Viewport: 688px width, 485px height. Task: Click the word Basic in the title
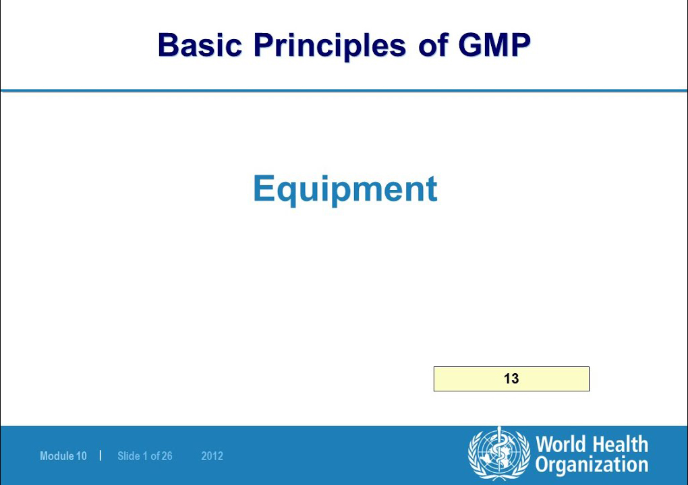click(x=201, y=45)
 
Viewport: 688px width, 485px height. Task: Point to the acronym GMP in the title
click(x=494, y=45)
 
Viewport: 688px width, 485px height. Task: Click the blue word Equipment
click(x=345, y=189)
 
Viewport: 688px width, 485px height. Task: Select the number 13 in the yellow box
click(x=511, y=379)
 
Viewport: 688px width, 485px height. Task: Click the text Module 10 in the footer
click(x=63, y=456)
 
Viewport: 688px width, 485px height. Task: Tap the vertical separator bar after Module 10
click(x=101, y=455)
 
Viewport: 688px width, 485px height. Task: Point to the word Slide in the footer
click(x=128, y=456)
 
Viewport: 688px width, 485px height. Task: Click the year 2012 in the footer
click(x=212, y=456)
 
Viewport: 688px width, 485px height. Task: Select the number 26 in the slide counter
click(x=167, y=456)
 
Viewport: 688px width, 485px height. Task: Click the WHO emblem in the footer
click(x=498, y=453)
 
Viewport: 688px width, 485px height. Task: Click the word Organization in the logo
click(x=592, y=464)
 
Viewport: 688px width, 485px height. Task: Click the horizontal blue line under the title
click(x=344, y=90)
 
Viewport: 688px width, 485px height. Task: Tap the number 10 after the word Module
click(x=80, y=456)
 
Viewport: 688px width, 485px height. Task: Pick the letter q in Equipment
click(x=287, y=191)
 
